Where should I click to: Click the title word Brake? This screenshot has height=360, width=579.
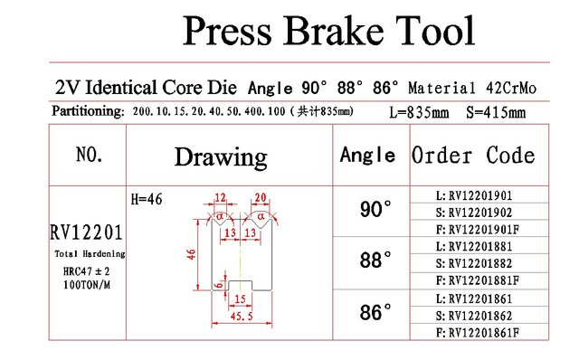coord(334,31)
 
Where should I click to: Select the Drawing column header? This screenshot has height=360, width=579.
coord(221,157)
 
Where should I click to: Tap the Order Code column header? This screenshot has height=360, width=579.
coord(473,155)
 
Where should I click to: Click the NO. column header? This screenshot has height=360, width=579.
coord(89,155)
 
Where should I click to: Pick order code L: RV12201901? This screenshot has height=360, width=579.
coord(474,195)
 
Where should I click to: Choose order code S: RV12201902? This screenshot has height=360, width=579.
coord(474,213)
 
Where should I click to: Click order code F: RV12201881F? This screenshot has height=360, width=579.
coord(478,280)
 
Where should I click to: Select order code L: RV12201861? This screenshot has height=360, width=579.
coord(474,298)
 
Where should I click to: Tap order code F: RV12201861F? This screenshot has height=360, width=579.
coord(478,333)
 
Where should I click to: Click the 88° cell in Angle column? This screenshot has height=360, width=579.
coord(375,260)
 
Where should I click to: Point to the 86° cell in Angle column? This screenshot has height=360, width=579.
coord(375,312)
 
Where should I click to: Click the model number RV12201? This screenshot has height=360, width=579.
coord(87,232)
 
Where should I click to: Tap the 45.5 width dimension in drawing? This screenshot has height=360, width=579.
coord(242,316)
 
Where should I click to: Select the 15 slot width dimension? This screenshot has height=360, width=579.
coord(240,298)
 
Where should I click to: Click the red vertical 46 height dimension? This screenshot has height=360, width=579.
coord(191,254)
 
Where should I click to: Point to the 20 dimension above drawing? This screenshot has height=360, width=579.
coord(261,197)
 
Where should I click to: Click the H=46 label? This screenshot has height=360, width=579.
coord(147,199)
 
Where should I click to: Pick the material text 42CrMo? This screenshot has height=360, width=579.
coord(511,89)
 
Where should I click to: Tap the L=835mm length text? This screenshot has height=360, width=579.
coord(419,112)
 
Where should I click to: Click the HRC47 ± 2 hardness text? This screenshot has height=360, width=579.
coord(87,271)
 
